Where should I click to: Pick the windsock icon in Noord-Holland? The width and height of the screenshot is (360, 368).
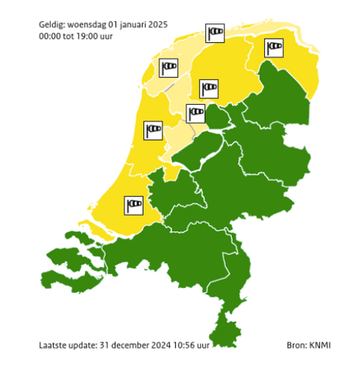click(x=154, y=129)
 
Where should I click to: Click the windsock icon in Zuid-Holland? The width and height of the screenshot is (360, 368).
click(x=133, y=205)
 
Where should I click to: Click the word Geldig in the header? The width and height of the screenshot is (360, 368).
click(x=52, y=25)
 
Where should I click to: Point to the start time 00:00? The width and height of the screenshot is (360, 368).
click(x=50, y=36)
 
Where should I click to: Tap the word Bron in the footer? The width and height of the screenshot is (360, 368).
click(x=296, y=346)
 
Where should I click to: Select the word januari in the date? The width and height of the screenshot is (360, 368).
click(x=130, y=25)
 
